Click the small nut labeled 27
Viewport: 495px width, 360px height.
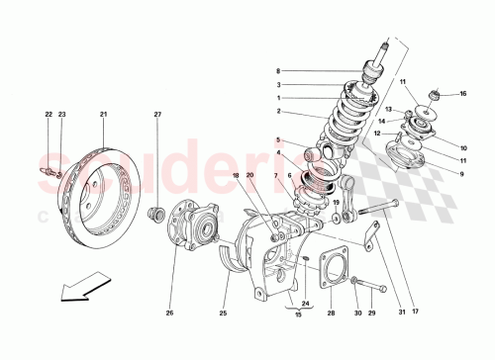[x=154, y=214]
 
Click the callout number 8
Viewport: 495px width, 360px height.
[x=279, y=71]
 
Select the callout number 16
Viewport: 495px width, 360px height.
[x=461, y=94]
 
